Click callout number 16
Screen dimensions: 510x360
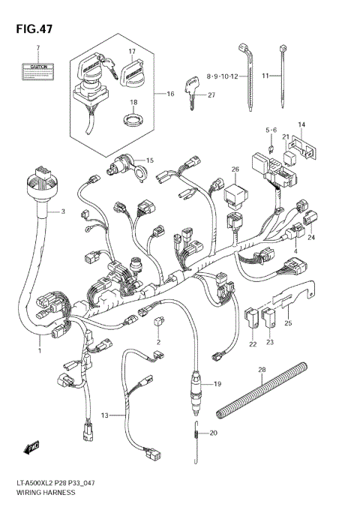coord(169,94)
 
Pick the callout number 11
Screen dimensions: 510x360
coord(265,76)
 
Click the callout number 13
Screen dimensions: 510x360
coord(104,414)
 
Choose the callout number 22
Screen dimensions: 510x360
coord(253,343)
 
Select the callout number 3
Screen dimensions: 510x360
coord(63,212)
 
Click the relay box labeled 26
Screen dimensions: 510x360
coord(235,198)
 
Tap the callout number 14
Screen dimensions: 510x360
coord(301,124)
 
